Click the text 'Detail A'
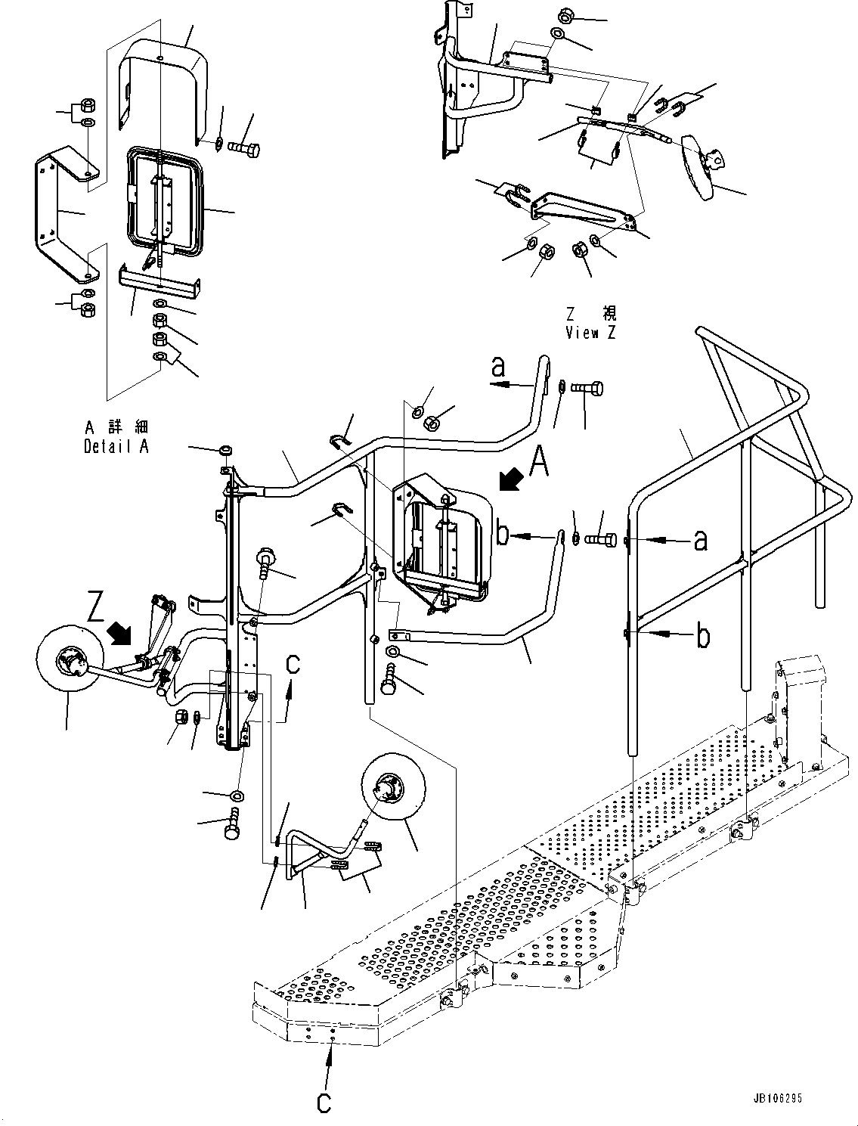coord(116,446)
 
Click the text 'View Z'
coord(590,333)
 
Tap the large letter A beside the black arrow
coord(538,461)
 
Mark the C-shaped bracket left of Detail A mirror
coord(64,213)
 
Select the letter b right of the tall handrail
coord(702,636)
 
